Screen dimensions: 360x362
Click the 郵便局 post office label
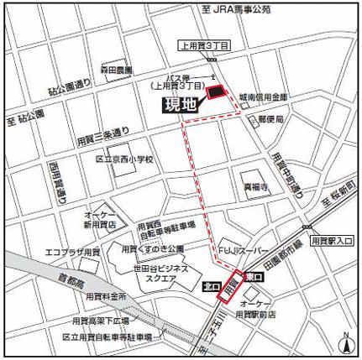(x=270, y=120)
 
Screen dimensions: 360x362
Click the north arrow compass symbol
(x=345, y=342)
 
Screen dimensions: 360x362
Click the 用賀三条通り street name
(x=102, y=132)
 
